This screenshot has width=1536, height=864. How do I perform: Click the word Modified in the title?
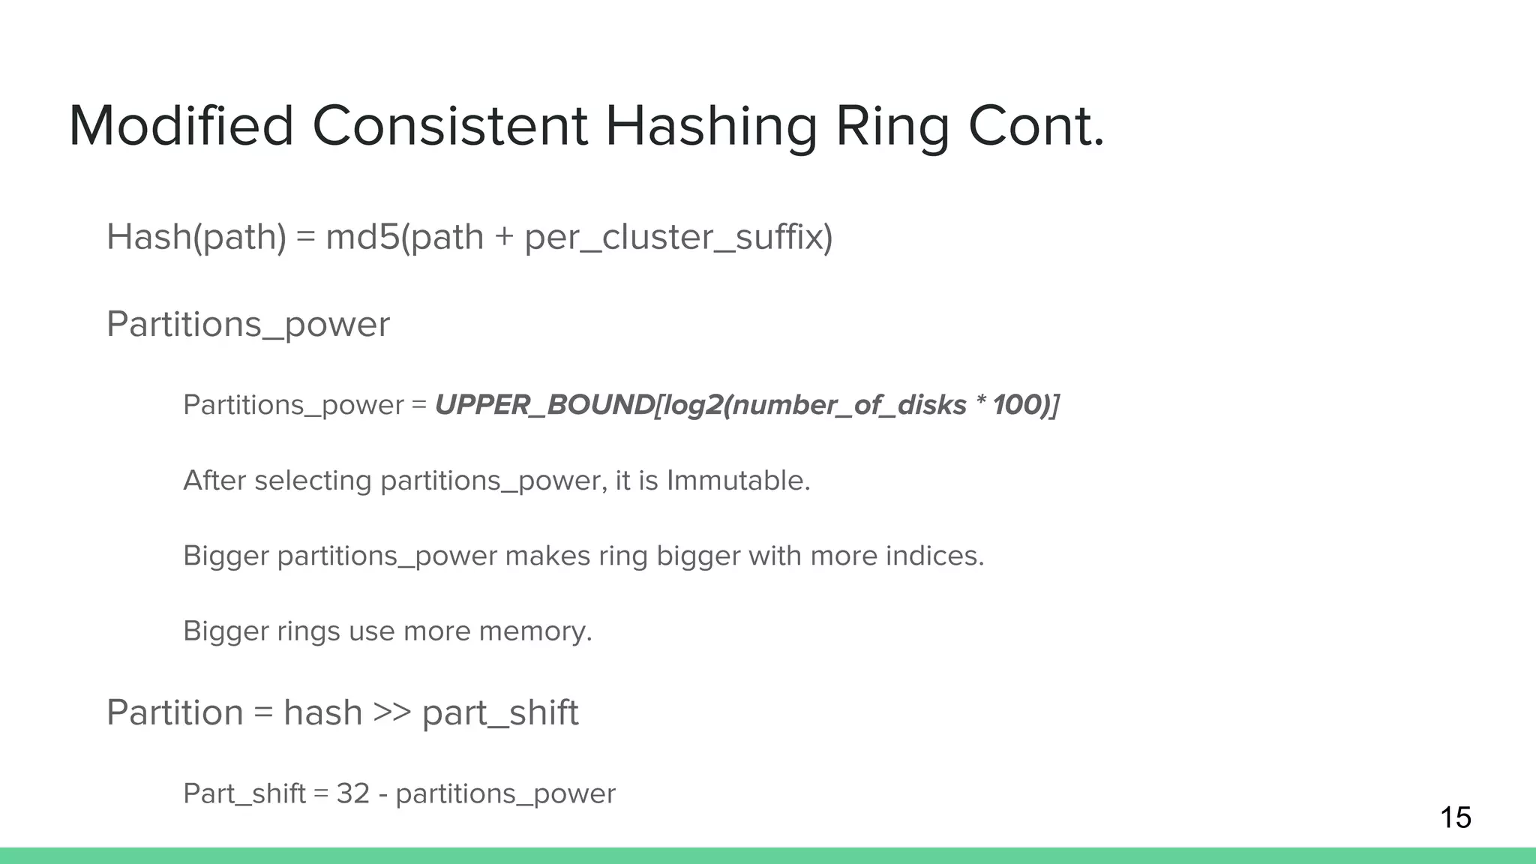[x=181, y=126]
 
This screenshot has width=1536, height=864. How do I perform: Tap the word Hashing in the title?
[x=710, y=126]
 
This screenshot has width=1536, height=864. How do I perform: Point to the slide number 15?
[x=1456, y=817]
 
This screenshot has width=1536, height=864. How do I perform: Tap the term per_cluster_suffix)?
[x=678, y=237]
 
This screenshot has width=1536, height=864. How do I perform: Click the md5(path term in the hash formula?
[x=404, y=237]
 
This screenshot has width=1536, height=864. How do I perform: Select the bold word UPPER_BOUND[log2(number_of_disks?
[x=700, y=405]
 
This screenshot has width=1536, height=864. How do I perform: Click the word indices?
[x=934, y=556]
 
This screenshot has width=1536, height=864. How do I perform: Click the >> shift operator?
[x=391, y=712]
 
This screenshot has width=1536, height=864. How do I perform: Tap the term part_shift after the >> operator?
[x=500, y=712]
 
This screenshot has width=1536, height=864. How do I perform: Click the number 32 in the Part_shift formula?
[x=352, y=793]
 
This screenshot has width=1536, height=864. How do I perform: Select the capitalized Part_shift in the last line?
[x=244, y=793]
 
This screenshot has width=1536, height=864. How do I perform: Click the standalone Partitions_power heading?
[x=248, y=325]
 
